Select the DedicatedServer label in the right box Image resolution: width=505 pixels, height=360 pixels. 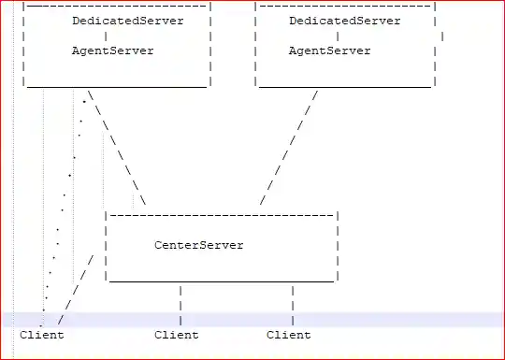coord(344,20)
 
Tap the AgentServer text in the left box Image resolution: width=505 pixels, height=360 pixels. coord(112,50)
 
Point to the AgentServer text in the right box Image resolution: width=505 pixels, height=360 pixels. coord(329,50)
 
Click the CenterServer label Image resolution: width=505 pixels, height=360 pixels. coord(198,245)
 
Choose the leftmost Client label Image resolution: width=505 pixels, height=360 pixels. coord(41,335)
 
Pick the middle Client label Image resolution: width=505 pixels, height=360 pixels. coord(176,335)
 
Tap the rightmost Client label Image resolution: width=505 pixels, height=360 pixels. coord(288,335)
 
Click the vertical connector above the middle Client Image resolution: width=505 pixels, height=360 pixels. coord(180,304)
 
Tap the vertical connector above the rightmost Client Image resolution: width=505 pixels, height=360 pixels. coord(293,304)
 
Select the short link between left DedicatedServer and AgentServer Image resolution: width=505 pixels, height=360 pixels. coord(106,36)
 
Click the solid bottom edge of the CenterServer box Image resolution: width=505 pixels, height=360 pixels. coord(221,281)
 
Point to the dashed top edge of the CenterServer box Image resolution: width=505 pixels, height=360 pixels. coord(221,214)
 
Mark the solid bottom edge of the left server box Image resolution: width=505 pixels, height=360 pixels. coord(116,87)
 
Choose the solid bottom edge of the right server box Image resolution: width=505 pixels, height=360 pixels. coord(344,87)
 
